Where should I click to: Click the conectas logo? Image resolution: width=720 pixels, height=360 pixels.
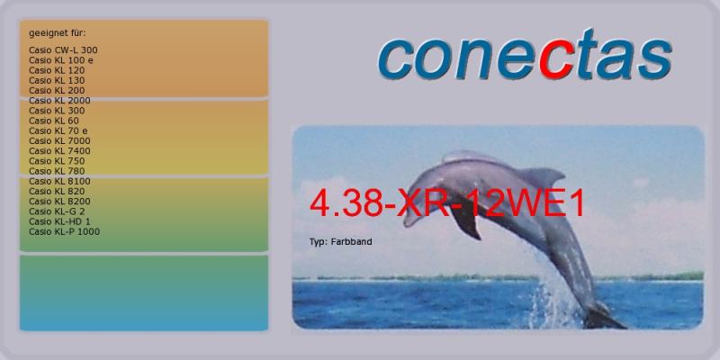[526, 54]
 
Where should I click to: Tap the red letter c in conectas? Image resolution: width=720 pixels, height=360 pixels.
[557, 59]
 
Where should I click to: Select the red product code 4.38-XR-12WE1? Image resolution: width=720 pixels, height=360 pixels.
[447, 203]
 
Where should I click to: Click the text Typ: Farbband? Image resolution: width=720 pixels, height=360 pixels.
[341, 241]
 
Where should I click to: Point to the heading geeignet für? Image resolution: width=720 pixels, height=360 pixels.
[58, 33]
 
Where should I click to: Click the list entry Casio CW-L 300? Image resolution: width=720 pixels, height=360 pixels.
[63, 50]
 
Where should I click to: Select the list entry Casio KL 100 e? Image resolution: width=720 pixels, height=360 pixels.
[61, 60]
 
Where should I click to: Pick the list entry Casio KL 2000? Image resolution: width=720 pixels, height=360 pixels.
[59, 101]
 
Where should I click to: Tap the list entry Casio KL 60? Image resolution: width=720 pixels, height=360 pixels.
[54, 121]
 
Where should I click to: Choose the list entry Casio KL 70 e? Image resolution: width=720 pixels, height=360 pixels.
[58, 130]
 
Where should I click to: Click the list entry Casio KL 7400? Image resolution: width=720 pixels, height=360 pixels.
[59, 151]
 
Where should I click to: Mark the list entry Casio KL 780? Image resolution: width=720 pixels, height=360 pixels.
[57, 171]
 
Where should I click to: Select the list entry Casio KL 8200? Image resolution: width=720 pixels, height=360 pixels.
[59, 202]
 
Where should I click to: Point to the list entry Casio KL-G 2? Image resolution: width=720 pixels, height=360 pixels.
[57, 211]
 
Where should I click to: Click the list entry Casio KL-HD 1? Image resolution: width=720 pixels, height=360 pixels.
[59, 221]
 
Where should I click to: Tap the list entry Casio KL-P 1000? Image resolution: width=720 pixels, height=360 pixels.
[64, 232]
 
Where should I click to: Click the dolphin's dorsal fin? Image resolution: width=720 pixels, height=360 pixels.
[543, 176]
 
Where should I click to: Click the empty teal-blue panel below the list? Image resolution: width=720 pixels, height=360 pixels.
[144, 293]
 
